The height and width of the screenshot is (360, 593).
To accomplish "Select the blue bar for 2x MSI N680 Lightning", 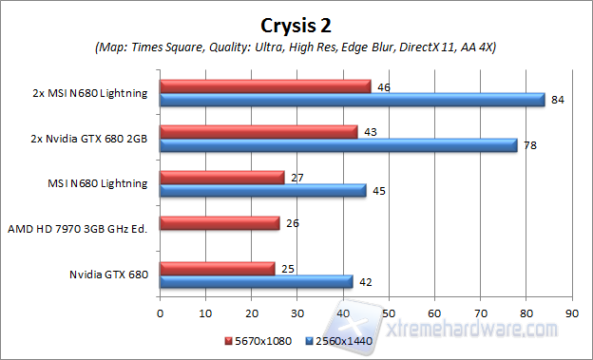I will (x=352, y=100).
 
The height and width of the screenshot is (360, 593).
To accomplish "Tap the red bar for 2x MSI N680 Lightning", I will (x=265, y=86).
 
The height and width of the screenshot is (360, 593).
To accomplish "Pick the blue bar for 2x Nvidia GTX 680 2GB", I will (x=338, y=144).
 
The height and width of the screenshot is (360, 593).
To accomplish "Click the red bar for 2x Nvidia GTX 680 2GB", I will (x=258, y=131).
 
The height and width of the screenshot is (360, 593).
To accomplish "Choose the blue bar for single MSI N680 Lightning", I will (x=262, y=190).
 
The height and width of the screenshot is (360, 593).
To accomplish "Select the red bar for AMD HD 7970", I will (x=220, y=223).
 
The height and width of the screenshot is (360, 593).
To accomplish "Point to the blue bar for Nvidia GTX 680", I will (x=256, y=281).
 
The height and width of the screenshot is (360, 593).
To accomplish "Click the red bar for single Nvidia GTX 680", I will (x=217, y=268).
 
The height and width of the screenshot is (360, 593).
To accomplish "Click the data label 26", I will (x=292, y=224).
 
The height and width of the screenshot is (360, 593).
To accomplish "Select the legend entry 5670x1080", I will (x=261, y=340).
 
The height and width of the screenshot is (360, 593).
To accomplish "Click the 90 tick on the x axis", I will (x=571, y=311).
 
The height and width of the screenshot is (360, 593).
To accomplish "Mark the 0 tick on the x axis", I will (x=161, y=311).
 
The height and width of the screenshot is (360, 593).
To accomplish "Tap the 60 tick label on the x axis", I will (x=434, y=311).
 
